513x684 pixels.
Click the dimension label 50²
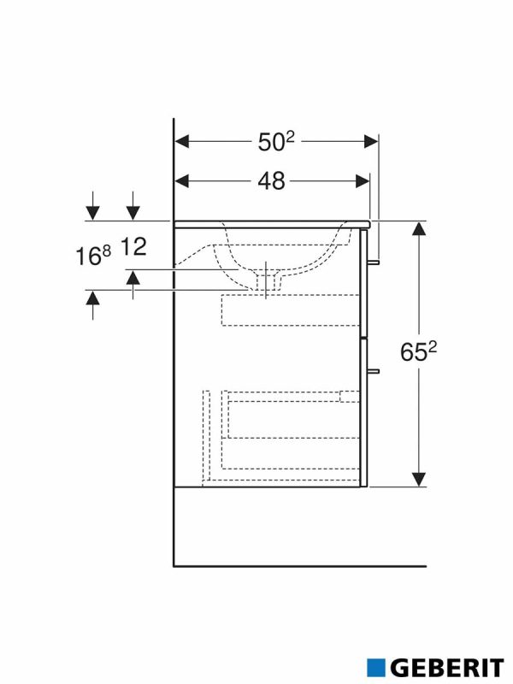pos(275,142)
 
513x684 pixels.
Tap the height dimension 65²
pos(420,351)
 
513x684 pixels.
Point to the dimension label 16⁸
pos(94,256)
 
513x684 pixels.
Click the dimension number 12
pos(134,248)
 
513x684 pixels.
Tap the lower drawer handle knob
pos(374,371)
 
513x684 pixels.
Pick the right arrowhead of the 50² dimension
pos(370,141)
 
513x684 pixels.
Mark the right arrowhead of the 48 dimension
pos(362,180)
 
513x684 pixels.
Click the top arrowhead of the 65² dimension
pos(419,227)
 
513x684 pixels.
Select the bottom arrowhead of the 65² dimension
pos(419,480)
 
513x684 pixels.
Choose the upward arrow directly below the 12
pos(133,277)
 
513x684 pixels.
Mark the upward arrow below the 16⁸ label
pos(93,298)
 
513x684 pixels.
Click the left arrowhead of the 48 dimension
pos(182,180)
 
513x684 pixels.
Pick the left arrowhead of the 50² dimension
pos(182,141)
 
